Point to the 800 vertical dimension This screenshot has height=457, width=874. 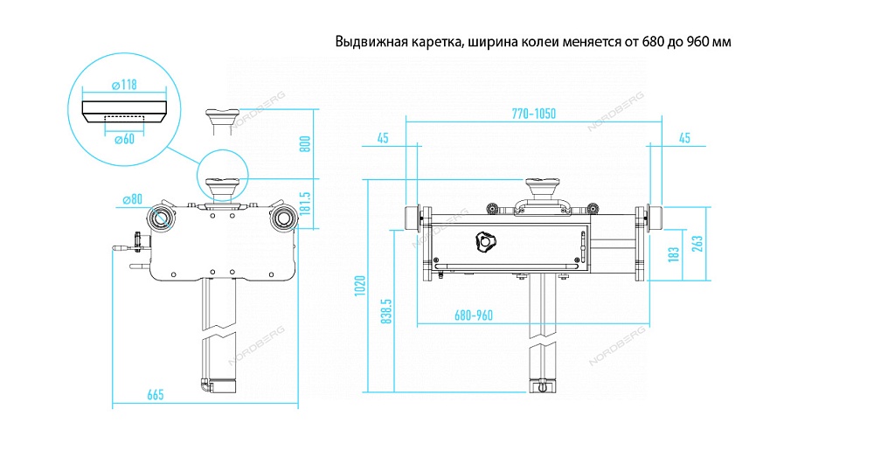tap(305, 143)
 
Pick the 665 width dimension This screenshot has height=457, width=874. tap(156, 395)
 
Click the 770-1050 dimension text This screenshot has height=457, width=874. tap(534, 114)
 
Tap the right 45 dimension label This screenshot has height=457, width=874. tap(684, 137)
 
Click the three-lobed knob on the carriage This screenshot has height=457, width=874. tap(485, 242)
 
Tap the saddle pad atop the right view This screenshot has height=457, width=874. tap(543, 188)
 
